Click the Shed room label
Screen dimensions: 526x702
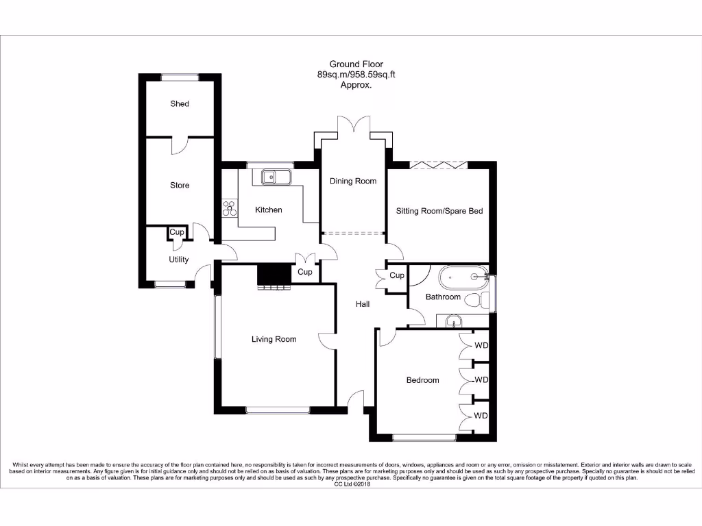(x=180, y=104)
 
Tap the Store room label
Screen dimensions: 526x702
(x=180, y=186)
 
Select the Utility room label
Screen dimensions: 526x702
(x=179, y=260)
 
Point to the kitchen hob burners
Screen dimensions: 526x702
(x=229, y=208)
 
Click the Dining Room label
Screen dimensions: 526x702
(x=353, y=181)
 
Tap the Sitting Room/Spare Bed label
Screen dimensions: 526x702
(x=439, y=211)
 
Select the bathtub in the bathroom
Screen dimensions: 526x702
(x=463, y=277)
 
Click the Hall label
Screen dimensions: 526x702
(x=363, y=304)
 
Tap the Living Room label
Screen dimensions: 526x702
(x=274, y=339)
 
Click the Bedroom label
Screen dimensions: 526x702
(x=422, y=380)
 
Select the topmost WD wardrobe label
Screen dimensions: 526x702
(x=481, y=345)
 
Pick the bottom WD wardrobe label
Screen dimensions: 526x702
(x=481, y=416)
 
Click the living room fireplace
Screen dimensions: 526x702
(x=275, y=275)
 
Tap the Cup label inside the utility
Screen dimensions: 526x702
(x=177, y=233)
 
